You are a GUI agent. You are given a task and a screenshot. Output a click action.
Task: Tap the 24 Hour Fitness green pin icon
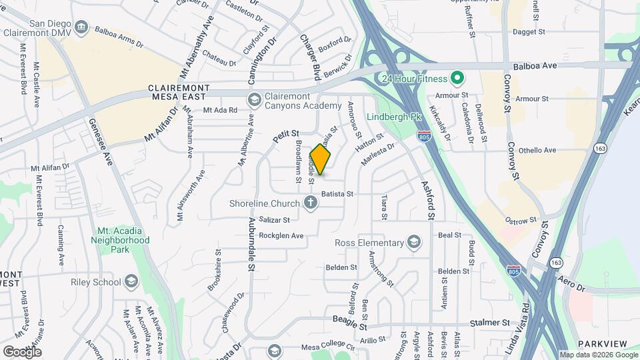pos(457,79)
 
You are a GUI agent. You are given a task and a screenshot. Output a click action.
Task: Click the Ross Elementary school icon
pos(414,243)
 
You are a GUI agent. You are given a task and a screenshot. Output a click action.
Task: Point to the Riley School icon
pos(131,282)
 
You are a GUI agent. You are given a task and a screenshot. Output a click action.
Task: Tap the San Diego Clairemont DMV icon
pos(81,27)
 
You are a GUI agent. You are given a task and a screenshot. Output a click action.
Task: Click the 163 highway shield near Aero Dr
pos(556,263)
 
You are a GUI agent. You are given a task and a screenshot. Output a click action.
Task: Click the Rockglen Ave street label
pos(281,235)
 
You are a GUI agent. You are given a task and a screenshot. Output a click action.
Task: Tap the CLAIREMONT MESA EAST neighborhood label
pos(179,92)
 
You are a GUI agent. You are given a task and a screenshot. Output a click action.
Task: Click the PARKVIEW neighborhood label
pos(602,343)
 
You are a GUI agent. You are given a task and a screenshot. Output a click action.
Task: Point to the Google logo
pos(22,351)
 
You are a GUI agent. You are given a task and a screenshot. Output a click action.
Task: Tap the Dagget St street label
pos(529,31)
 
